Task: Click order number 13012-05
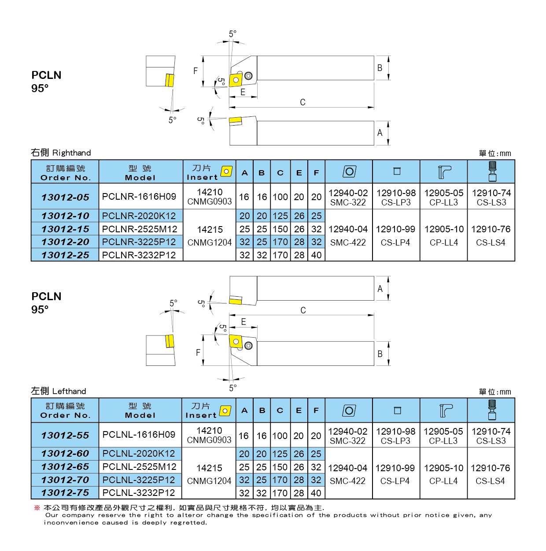click(65, 197)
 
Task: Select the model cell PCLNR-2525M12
click(140, 229)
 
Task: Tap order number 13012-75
click(65, 493)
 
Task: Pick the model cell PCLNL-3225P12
click(139, 480)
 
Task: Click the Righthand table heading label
click(61, 153)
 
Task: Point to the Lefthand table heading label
click(59, 391)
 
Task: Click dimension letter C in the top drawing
click(303, 102)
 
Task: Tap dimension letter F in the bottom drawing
click(198, 352)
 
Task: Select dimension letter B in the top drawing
click(380, 68)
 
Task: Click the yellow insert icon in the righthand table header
click(227, 171)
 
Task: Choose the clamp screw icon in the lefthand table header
click(492, 410)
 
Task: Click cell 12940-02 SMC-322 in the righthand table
click(348, 197)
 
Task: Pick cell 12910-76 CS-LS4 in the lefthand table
click(491, 474)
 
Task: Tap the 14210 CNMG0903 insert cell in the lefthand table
click(209, 435)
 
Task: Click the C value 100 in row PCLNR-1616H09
click(280, 197)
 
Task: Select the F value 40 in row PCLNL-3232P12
click(316, 493)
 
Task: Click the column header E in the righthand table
click(299, 173)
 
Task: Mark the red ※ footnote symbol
click(37, 508)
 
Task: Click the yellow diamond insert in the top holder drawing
click(236, 80)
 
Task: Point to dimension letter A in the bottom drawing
click(380, 289)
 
